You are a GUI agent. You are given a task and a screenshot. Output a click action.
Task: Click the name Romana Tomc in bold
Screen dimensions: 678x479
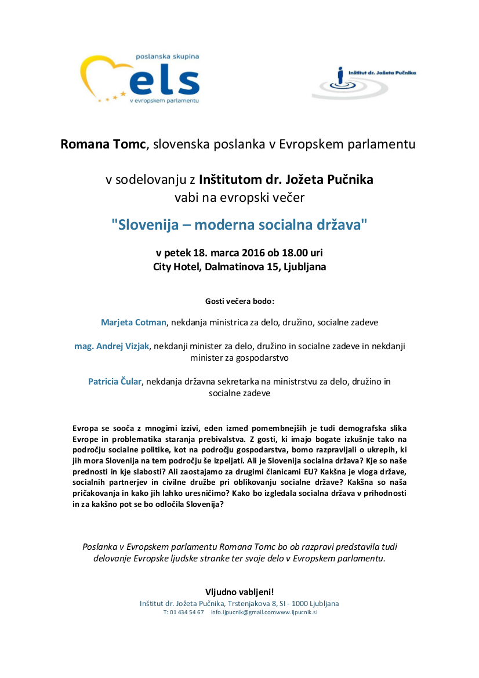(x=103, y=144)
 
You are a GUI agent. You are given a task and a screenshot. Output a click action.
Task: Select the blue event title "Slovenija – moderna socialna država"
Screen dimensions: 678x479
(x=239, y=224)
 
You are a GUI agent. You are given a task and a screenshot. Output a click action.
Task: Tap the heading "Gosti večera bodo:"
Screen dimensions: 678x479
(x=239, y=302)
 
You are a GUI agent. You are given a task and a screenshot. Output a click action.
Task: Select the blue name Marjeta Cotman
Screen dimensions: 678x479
(x=134, y=322)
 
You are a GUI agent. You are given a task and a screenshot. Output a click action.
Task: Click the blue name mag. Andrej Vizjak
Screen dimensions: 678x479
(x=112, y=346)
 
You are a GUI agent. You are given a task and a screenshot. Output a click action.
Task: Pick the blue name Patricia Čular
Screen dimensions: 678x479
(x=115, y=382)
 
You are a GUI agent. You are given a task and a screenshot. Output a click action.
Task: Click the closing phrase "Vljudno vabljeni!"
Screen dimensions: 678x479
(x=239, y=592)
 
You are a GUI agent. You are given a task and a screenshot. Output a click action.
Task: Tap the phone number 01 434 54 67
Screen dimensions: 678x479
(x=187, y=612)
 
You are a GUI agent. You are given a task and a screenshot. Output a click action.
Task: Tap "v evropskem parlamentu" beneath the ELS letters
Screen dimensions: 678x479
(x=164, y=100)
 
